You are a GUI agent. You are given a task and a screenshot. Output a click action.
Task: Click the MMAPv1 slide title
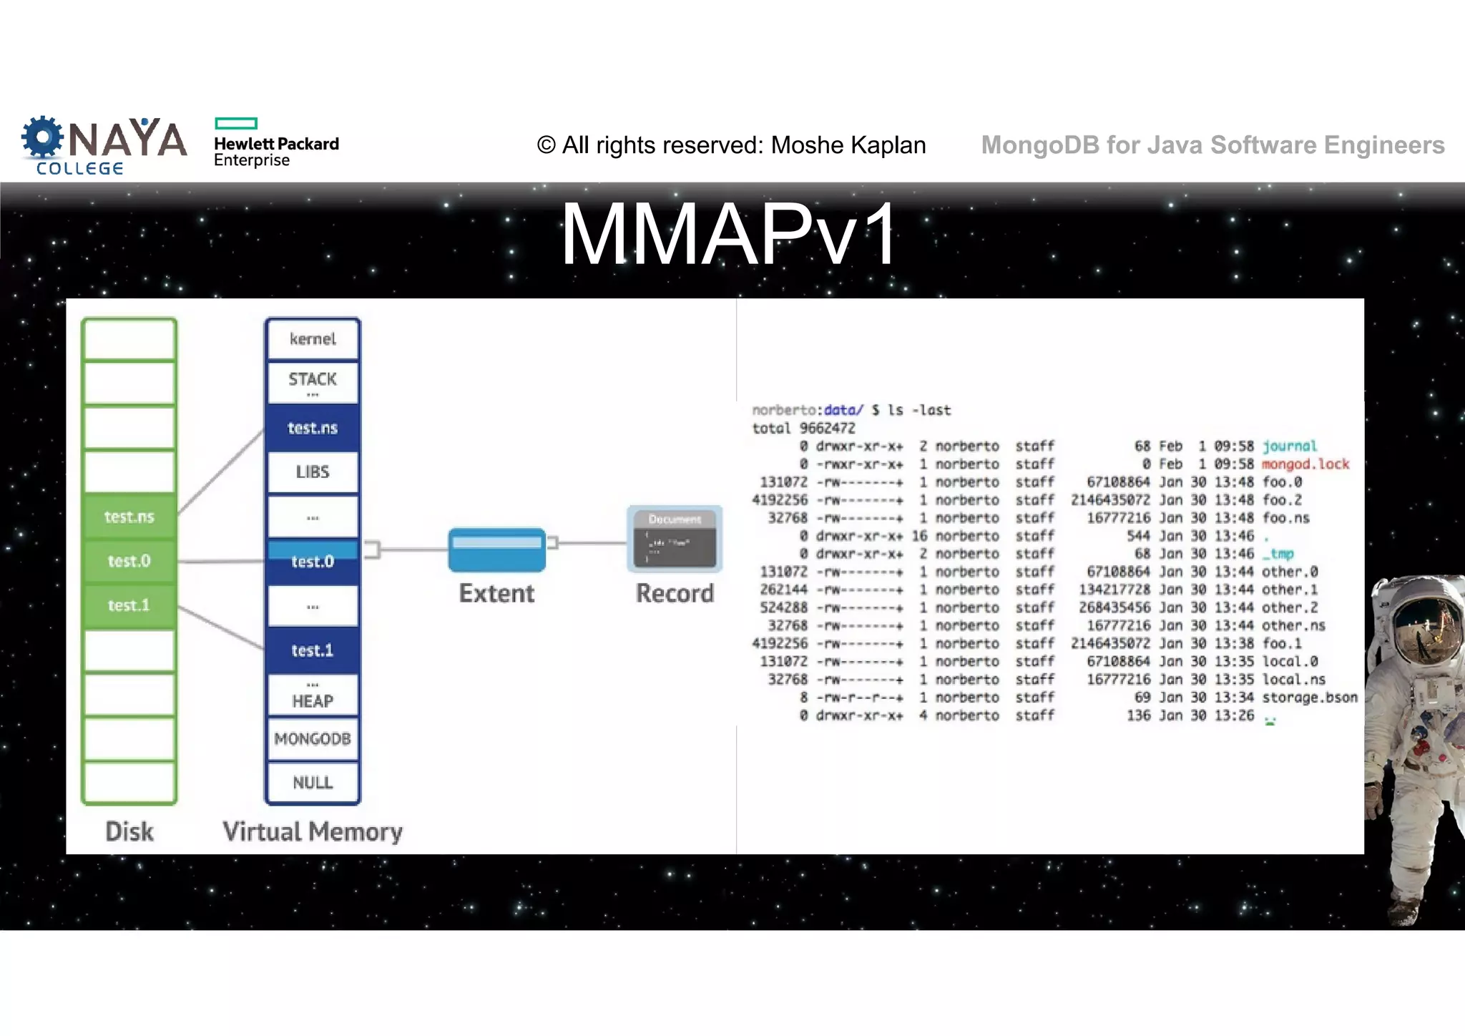[728, 235]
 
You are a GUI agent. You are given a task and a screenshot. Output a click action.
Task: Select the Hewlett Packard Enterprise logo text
[276, 151]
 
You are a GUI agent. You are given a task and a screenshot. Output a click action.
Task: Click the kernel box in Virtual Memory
[313, 339]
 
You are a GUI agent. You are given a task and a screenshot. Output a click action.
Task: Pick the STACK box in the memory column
[313, 380]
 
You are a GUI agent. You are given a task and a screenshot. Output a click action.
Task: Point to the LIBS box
[313, 472]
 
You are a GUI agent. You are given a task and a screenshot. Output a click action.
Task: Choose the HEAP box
[313, 700]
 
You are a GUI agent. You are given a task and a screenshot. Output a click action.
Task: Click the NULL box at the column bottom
[313, 783]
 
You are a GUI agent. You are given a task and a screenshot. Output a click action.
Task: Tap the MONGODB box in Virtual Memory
[313, 739]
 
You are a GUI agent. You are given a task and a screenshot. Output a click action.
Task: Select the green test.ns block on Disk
[129, 517]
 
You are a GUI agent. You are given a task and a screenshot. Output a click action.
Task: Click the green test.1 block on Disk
[129, 605]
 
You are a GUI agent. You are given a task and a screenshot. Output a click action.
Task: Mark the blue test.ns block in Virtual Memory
[313, 428]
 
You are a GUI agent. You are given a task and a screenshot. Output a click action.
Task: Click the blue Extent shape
[497, 549]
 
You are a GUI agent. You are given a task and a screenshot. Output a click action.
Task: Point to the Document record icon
[675, 539]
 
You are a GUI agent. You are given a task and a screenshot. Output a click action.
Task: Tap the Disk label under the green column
[129, 831]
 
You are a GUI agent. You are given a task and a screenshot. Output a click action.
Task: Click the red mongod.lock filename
[1305, 464]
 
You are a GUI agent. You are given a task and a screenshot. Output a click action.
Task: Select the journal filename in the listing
[1289, 446]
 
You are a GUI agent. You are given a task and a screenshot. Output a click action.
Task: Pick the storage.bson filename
[1309, 698]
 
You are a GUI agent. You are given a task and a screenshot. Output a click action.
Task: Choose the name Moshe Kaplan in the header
[848, 145]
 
